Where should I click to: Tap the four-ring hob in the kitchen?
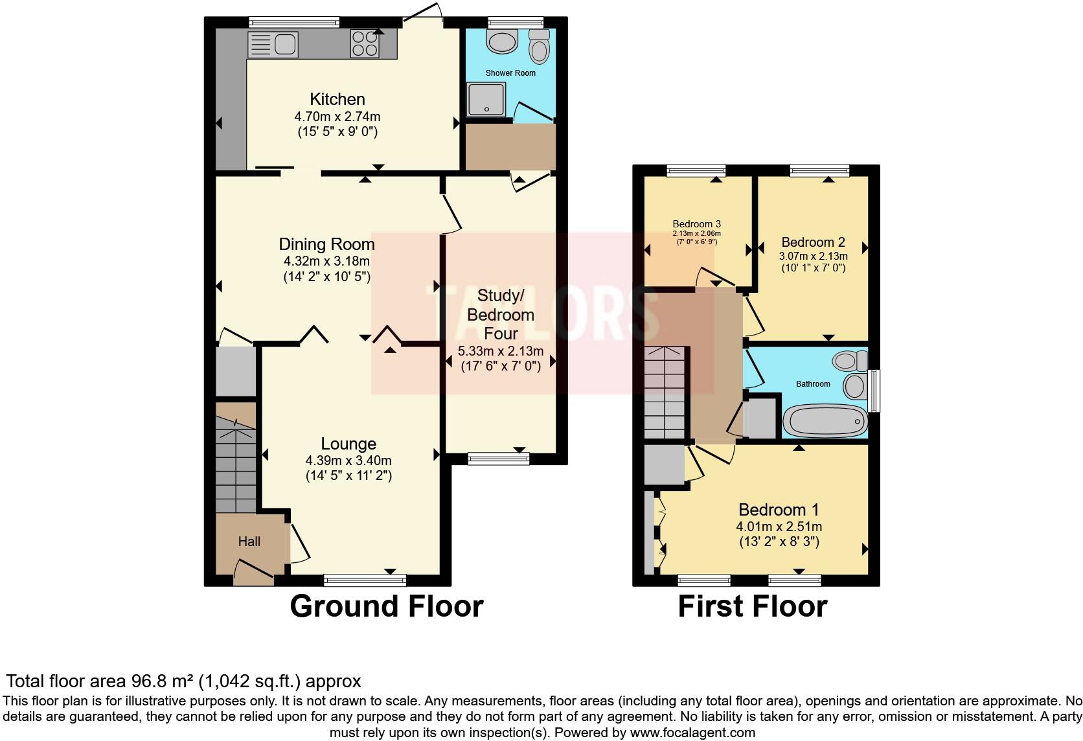pos(365,43)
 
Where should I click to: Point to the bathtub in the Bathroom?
pos(825,421)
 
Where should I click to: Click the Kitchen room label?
pos(337,99)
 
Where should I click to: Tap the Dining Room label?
pos(326,244)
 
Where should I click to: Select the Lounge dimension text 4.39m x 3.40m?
pos(348,461)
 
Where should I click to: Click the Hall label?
pos(249,541)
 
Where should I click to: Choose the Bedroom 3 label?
pos(696,224)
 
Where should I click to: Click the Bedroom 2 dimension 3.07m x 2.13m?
pos(813,256)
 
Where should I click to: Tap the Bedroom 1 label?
pos(779,509)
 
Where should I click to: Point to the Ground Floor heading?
pos(386,606)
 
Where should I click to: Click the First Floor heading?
pos(752,606)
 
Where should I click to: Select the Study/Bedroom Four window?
pos(498,459)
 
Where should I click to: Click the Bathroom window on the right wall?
pos(874,390)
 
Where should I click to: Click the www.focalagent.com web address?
pos(692,733)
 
